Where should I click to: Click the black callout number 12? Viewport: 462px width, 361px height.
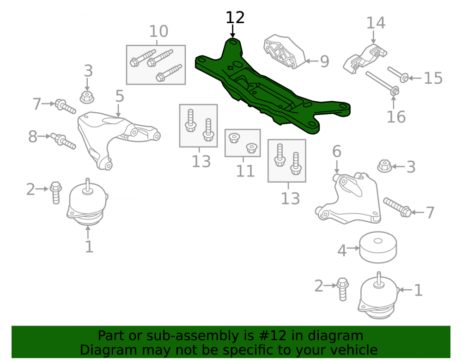[235, 18]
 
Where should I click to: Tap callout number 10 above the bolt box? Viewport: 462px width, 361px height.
[158, 31]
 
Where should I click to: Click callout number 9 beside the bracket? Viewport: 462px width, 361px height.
[324, 61]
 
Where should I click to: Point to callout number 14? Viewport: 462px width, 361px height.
[376, 23]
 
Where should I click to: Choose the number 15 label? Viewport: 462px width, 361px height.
[433, 78]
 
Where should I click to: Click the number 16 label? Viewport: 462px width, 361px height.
[396, 116]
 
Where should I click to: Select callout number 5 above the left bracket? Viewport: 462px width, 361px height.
[119, 96]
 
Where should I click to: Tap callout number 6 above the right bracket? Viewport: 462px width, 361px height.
[337, 152]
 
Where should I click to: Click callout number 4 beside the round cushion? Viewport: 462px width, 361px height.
[342, 251]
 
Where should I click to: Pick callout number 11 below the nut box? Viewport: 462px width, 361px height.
[245, 171]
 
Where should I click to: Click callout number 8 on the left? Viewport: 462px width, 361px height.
[33, 136]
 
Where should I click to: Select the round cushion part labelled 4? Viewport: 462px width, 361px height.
[378, 247]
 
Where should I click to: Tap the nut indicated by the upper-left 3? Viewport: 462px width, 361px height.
[87, 97]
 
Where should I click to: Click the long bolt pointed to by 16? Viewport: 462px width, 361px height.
[382, 84]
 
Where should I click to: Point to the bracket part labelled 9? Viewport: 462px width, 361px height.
[284, 52]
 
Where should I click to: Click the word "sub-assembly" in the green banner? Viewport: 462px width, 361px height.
[200, 336]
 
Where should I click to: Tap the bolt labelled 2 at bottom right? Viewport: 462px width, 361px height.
[343, 289]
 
